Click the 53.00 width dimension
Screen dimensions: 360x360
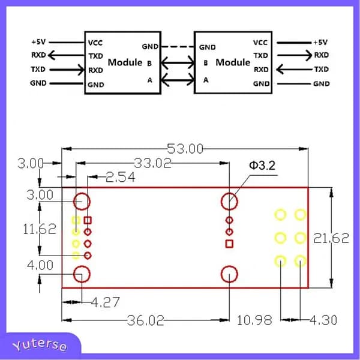coord(185,149)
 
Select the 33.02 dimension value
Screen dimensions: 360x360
coord(152,163)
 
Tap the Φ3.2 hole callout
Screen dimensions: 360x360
coord(262,166)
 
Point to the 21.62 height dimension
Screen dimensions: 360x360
coord(331,238)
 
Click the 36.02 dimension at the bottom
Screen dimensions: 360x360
coord(146,320)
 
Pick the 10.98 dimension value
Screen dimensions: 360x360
coord(254,320)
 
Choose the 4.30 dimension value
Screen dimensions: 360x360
coord(323,320)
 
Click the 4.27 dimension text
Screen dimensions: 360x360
coord(106,302)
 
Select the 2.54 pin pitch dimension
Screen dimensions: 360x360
coord(121,177)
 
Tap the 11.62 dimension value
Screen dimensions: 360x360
coord(40,229)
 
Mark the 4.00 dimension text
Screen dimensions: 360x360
coord(40,265)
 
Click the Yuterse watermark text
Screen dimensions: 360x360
coord(40,345)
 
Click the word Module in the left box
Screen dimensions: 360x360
coord(125,62)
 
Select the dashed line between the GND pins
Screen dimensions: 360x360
coord(178,47)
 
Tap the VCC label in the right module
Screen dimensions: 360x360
coord(260,43)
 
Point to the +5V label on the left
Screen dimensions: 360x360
coord(38,42)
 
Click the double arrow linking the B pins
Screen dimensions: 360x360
coord(178,62)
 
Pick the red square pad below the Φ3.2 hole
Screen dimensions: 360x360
coord(229,244)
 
